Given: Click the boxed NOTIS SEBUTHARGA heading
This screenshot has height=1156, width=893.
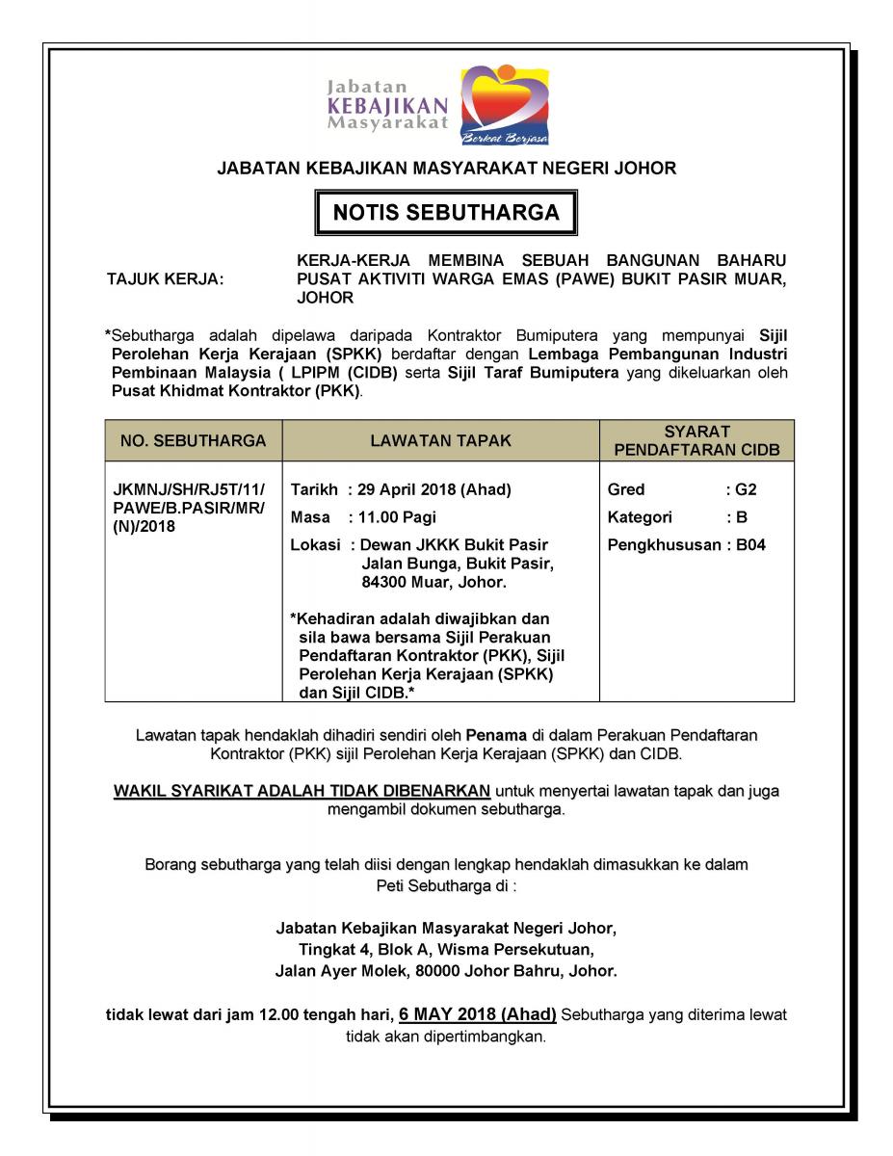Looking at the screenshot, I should (446, 213).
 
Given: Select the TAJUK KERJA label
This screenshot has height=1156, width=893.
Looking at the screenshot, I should (165, 279).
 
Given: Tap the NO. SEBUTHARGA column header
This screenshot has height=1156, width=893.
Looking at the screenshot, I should (193, 441).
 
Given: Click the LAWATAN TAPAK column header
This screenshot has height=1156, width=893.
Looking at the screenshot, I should (440, 441).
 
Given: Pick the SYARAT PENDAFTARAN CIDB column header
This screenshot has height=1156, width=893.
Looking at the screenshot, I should (696, 441).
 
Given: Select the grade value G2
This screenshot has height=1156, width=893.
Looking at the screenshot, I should (747, 489).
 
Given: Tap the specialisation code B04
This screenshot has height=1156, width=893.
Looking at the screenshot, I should (751, 545).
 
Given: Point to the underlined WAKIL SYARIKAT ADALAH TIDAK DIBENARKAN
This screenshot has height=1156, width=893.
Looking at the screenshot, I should (302, 791).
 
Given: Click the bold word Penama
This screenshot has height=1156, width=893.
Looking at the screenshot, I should (492, 735).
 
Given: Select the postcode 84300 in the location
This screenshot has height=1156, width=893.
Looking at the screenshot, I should (382, 583).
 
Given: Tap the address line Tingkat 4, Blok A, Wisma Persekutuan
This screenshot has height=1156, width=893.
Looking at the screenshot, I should (446, 950).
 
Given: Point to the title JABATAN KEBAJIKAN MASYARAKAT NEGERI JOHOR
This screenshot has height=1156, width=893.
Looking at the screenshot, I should (446, 169).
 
